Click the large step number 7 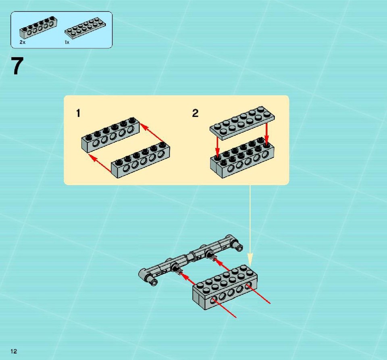tap(17, 66)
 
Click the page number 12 tap(14, 352)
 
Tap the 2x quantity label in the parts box tap(23, 42)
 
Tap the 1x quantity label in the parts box tap(67, 42)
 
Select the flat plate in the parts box tap(85, 28)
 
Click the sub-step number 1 tap(78, 114)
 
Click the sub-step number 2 tap(195, 114)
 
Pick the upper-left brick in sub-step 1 tap(110, 134)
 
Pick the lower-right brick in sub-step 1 tap(140, 159)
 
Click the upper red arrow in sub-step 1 tap(152, 133)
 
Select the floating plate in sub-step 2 tap(242, 123)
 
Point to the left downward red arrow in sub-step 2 tap(217, 147)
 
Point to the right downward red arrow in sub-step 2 tap(266, 134)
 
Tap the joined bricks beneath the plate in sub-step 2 tap(242, 158)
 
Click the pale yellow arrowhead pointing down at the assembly tap(250, 259)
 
